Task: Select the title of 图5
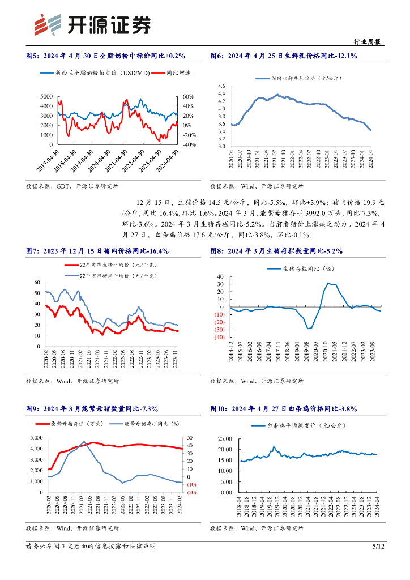click(x=106, y=56)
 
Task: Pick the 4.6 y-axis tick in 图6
click(x=221, y=86)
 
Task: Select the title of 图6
click(x=283, y=56)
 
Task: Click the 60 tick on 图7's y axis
click(x=37, y=282)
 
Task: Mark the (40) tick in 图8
click(x=218, y=338)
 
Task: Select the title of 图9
click(x=92, y=408)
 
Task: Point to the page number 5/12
click(x=378, y=547)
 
